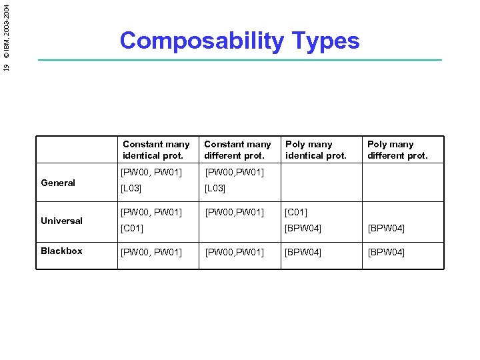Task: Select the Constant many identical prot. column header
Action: tap(156, 150)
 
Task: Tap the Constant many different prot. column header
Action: tap(237, 150)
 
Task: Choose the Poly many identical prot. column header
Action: tap(316, 150)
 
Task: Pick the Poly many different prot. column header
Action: tap(397, 150)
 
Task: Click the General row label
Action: tap(58, 183)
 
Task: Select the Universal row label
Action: tap(61, 221)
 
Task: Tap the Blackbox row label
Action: tap(61, 251)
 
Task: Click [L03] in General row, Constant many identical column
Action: tap(131, 189)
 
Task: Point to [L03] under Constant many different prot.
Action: tap(215, 189)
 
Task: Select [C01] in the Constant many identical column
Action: tap(132, 229)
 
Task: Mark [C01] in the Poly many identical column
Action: tap(296, 213)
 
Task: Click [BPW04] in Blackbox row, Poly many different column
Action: tap(386, 253)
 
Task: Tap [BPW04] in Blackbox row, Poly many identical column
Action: tap(303, 253)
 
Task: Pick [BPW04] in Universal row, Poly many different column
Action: tap(386, 229)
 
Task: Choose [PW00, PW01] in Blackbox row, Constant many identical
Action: tap(151, 253)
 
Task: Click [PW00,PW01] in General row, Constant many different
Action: tap(234, 173)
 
